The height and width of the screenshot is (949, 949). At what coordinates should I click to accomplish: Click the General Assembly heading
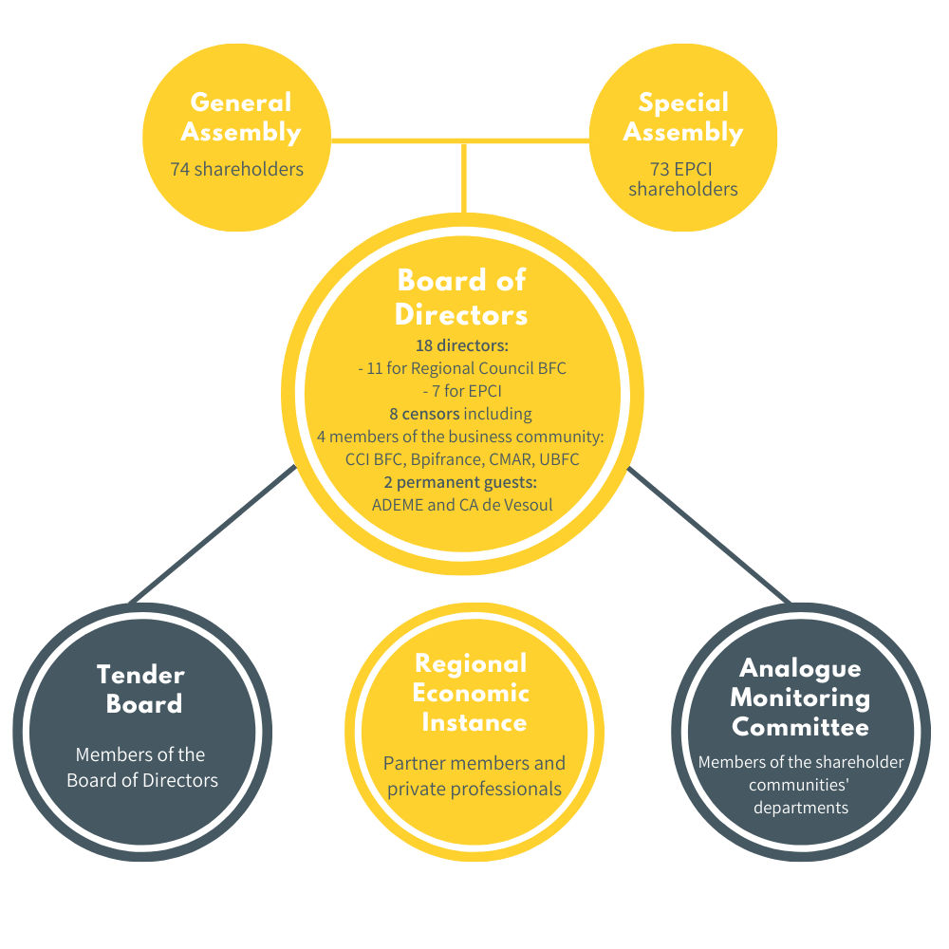tap(241, 118)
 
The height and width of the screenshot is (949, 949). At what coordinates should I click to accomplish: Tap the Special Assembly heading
tap(683, 118)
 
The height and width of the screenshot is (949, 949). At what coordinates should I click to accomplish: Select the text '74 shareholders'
tap(236, 169)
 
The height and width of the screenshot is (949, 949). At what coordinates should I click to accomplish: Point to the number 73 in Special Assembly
tap(660, 169)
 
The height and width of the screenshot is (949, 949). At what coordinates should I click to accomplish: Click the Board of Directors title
tap(462, 297)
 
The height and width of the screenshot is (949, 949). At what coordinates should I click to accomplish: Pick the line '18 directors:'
tap(462, 345)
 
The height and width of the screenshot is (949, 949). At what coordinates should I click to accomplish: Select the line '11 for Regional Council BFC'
tap(466, 368)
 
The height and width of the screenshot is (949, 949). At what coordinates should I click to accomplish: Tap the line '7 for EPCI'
tap(467, 391)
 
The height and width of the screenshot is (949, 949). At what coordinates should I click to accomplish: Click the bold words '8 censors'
tap(424, 414)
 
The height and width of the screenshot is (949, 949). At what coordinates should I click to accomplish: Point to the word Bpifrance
tap(447, 459)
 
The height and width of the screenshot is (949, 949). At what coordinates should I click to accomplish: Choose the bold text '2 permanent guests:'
tap(460, 482)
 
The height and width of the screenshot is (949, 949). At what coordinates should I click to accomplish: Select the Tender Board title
tap(141, 689)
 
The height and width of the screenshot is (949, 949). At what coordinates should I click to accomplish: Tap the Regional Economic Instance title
tap(471, 693)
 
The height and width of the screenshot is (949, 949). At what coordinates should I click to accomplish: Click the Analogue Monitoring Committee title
tap(800, 698)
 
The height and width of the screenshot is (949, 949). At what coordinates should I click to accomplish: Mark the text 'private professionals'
tap(474, 790)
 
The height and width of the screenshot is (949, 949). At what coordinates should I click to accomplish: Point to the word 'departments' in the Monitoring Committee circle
tap(801, 808)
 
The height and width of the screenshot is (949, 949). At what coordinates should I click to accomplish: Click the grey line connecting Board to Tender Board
tap(213, 534)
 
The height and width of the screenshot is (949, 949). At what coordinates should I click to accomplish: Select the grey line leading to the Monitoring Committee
tap(709, 535)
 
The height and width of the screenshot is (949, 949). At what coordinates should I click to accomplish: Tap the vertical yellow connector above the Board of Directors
tap(464, 178)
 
